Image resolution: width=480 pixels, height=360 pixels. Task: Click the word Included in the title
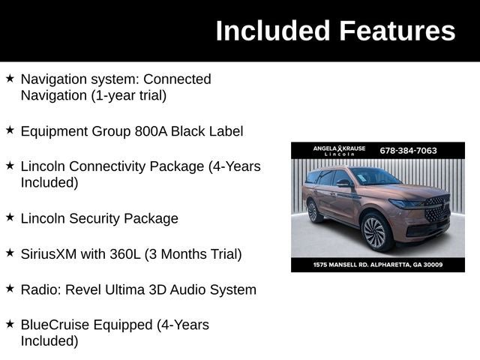pos(273,31)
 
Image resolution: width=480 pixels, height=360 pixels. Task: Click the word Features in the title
pos(397,31)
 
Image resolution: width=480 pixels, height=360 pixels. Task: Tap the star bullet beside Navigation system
pos(10,78)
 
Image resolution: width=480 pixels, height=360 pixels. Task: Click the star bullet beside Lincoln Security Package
pos(10,217)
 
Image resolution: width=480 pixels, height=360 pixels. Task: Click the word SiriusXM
pos(48,254)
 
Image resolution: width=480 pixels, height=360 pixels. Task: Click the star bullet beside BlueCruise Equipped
pos(10,324)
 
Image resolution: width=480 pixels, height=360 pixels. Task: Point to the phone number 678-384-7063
pos(408,150)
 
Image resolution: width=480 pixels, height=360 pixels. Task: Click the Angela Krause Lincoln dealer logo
pos(339,150)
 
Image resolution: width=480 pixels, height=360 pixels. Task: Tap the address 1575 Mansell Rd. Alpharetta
pos(378,265)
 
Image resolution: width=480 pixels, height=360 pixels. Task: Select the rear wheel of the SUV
pos(313,211)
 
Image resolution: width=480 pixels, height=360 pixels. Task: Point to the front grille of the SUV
pos(436,208)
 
